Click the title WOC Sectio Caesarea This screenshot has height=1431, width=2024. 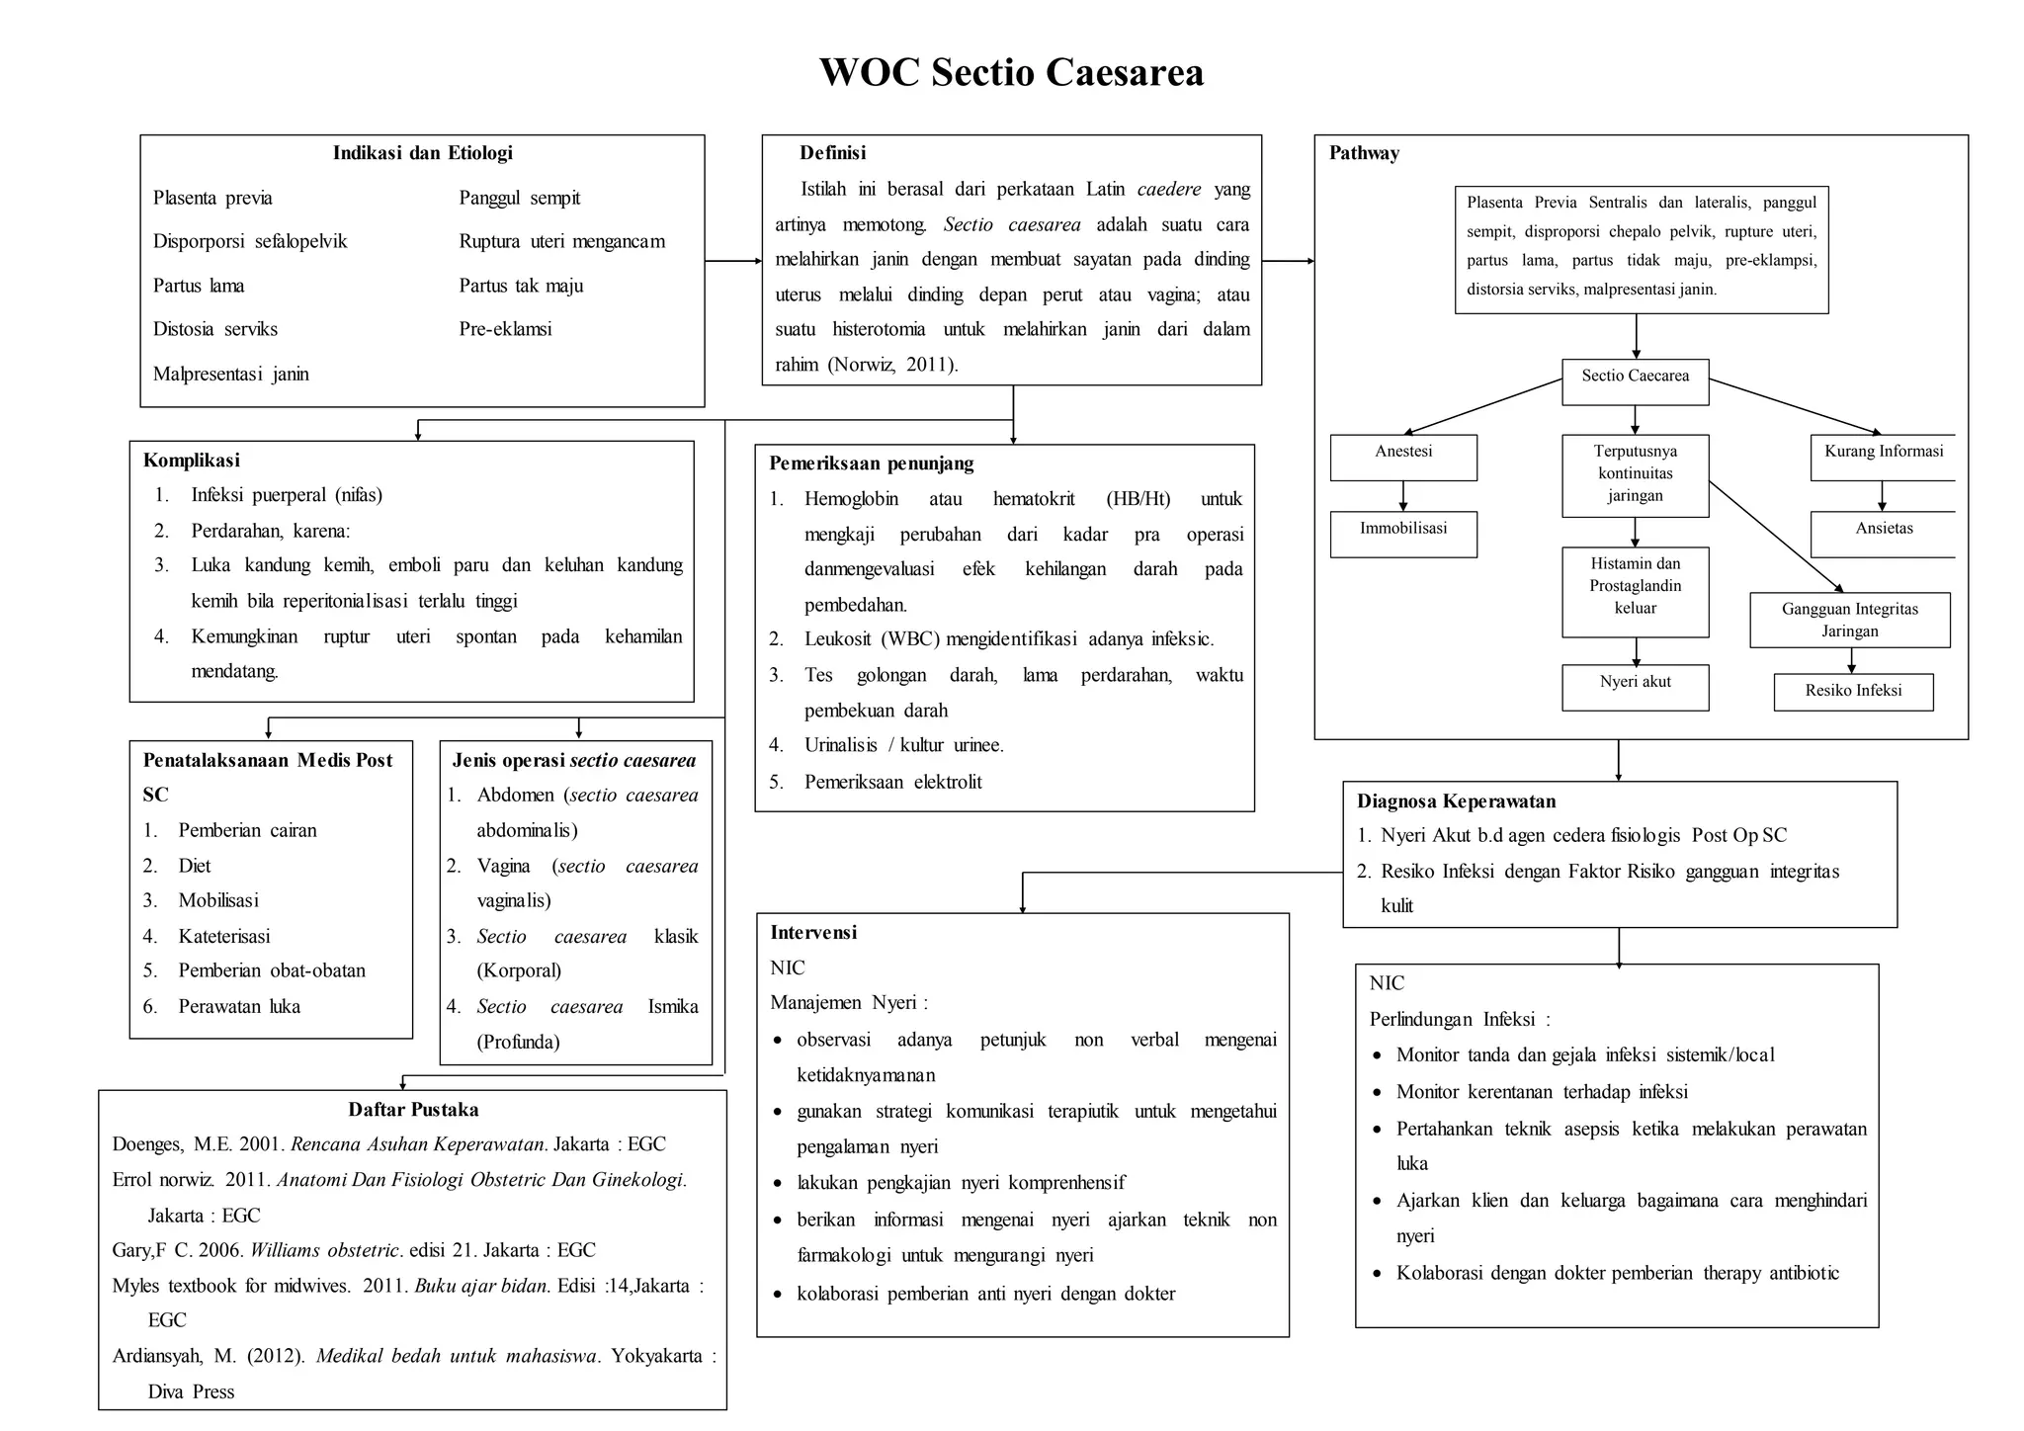(x=1011, y=72)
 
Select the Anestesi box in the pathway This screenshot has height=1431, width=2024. (x=1403, y=457)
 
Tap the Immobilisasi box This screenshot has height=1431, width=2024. (x=1403, y=533)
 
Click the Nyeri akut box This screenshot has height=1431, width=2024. (x=1635, y=686)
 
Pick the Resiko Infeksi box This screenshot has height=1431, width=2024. (x=1853, y=691)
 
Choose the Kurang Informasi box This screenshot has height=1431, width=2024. (x=1883, y=457)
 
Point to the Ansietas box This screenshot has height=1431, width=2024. (x=1883, y=533)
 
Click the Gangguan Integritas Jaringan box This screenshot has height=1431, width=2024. (x=1849, y=620)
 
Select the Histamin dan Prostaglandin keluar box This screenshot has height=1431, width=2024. (x=1635, y=591)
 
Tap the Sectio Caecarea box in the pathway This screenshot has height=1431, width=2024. (x=1635, y=380)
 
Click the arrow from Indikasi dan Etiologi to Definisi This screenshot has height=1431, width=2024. (x=732, y=261)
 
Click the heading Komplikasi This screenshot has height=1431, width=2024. (x=191, y=461)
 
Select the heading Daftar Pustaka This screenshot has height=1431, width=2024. (x=413, y=1110)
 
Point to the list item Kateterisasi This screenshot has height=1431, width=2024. (x=223, y=936)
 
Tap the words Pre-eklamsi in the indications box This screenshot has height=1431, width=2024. (x=505, y=329)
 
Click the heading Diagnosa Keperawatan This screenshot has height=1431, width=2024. (x=1456, y=801)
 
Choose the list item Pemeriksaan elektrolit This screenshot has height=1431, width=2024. (x=892, y=782)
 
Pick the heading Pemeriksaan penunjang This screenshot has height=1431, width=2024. (x=871, y=463)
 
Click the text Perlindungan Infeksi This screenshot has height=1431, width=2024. (x=1459, y=1019)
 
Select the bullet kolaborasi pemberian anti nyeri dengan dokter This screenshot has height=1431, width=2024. (x=985, y=1294)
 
